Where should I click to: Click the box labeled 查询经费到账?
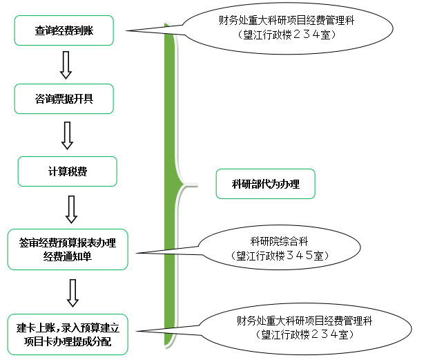tap(64, 30)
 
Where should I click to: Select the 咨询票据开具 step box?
tap(64, 99)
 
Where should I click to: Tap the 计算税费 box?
tap(67, 171)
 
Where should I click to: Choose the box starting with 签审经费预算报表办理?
tap(68, 249)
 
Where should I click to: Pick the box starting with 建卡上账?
tap(67, 334)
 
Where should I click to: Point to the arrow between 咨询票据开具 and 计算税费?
tap(67, 135)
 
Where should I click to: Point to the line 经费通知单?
tap(68, 256)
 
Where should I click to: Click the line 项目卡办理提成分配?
tap(67, 342)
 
